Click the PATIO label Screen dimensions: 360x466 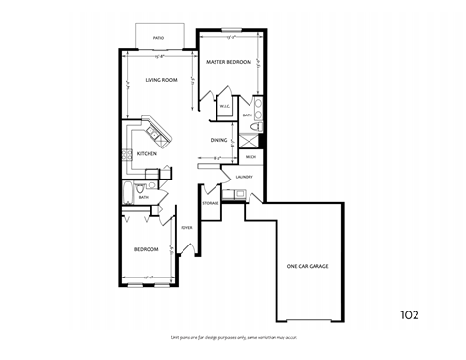pyautogui.click(x=158, y=39)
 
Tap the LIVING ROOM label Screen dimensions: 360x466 pyautogui.click(x=159, y=81)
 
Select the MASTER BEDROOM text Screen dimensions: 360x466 pyautogui.click(x=229, y=62)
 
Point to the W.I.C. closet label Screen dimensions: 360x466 pyautogui.click(x=224, y=107)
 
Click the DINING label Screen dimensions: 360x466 pyautogui.click(x=219, y=140)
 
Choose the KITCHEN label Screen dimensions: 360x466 pyautogui.click(x=147, y=154)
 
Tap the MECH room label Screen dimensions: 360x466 pyautogui.click(x=250, y=156)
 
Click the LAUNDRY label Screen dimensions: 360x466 pyautogui.click(x=244, y=177)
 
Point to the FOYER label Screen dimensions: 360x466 pyautogui.click(x=186, y=228)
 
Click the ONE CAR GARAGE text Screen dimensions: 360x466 pyautogui.click(x=307, y=266)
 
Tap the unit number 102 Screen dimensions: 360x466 pyautogui.click(x=412, y=314)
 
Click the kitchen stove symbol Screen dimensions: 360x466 pyautogui.click(x=124, y=154)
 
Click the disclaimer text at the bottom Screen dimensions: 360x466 pyautogui.click(x=232, y=336)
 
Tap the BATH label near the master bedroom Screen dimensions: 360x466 pyautogui.click(x=248, y=115)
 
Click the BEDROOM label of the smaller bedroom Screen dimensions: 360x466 pyautogui.click(x=146, y=249)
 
